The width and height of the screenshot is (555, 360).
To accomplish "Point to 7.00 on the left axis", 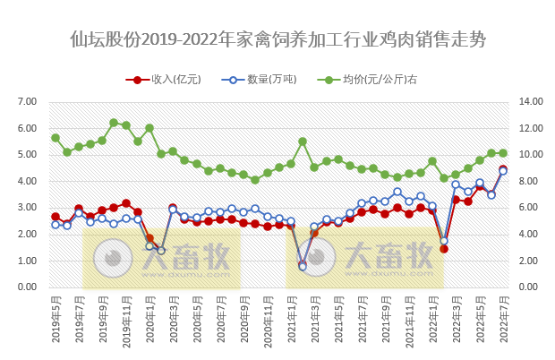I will coord(28,101).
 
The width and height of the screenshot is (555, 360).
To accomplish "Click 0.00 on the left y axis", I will coord(28,287).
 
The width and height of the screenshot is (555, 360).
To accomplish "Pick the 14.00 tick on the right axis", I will coord(531,101).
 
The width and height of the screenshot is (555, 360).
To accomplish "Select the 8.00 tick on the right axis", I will coord(531,181).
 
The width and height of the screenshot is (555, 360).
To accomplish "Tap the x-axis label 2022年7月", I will coord(503,321).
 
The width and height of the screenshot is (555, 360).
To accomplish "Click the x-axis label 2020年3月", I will coord(173,321).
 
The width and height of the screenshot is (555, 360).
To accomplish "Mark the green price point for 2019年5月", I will coord(55,138).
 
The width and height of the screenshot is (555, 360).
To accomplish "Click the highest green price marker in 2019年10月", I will coord(114,123).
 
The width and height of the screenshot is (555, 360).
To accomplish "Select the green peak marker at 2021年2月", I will coord(303,141).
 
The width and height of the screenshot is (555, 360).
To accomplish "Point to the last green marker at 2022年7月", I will coord(503,153).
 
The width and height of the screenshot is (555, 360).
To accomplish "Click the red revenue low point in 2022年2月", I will coord(444,248).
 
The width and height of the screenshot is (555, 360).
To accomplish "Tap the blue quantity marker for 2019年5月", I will coord(55,225).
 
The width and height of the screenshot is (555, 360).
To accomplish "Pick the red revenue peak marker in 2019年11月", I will coord(126,203).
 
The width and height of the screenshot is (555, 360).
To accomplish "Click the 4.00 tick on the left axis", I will coord(28,181).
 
